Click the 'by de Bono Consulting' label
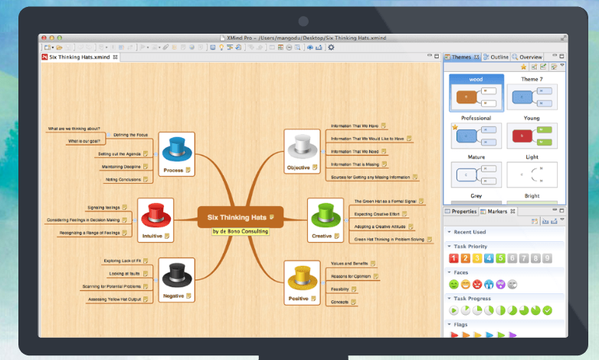pos(241,231)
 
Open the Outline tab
pos(499,57)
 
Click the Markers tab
pos(497,211)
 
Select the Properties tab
pos(463,211)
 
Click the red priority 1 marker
pos(453,258)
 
